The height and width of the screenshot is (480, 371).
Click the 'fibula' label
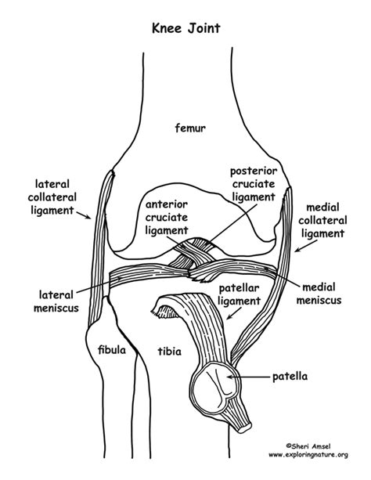pos(110,350)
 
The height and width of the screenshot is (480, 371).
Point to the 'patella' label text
pos(290,377)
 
